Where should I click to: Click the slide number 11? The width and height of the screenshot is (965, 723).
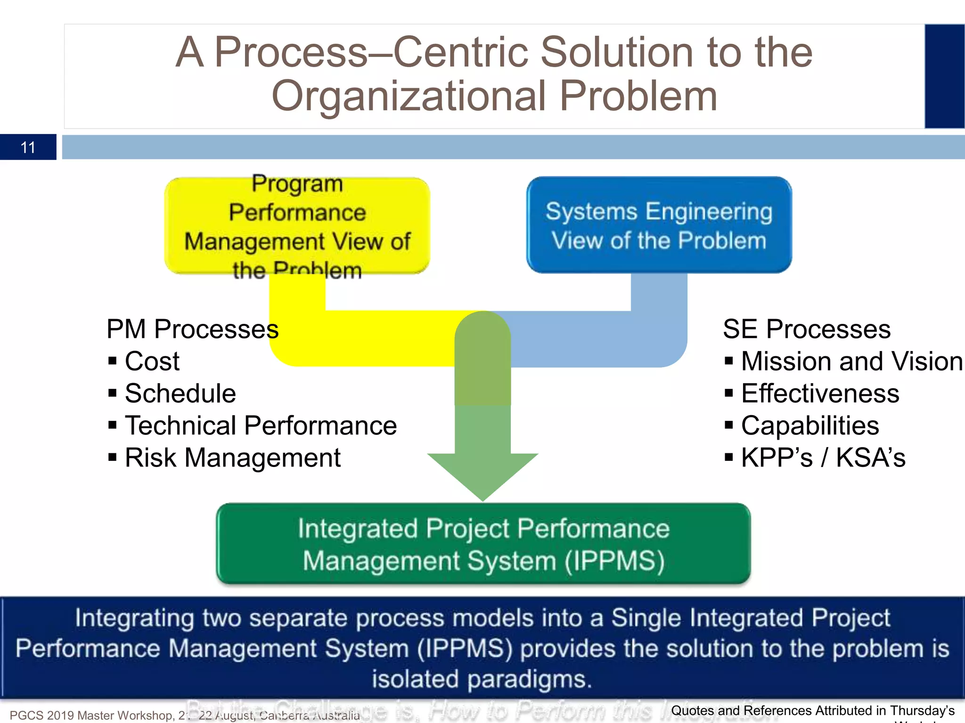[x=28, y=147]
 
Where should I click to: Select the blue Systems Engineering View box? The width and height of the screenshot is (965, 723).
[x=659, y=225]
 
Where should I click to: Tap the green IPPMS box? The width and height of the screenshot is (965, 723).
[x=483, y=544]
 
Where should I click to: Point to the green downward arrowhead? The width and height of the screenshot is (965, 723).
[x=482, y=475]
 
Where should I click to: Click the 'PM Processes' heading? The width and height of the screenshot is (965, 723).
[x=192, y=329]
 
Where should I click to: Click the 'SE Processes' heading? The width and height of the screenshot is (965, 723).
[x=806, y=329]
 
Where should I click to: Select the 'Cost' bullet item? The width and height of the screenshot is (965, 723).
[x=152, y=361]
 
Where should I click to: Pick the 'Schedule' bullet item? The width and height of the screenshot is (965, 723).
[x=180, y=393]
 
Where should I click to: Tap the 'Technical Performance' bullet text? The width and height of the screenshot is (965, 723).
[x=261, y=426]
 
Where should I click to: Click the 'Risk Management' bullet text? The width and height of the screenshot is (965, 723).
[x=232, y=458]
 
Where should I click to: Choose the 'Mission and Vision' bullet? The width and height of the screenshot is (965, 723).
[x=851, y=361]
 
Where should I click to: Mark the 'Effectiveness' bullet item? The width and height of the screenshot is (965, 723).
[x=820, y=393]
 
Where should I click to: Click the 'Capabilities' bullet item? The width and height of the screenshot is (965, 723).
[x=810, y=426]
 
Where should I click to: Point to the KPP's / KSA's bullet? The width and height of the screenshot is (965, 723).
[x=823, y=458]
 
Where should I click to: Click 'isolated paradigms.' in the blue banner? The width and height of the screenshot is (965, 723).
[x=482, y=679]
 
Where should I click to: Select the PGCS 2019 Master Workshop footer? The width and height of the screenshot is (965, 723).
[x=94, y=715]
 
